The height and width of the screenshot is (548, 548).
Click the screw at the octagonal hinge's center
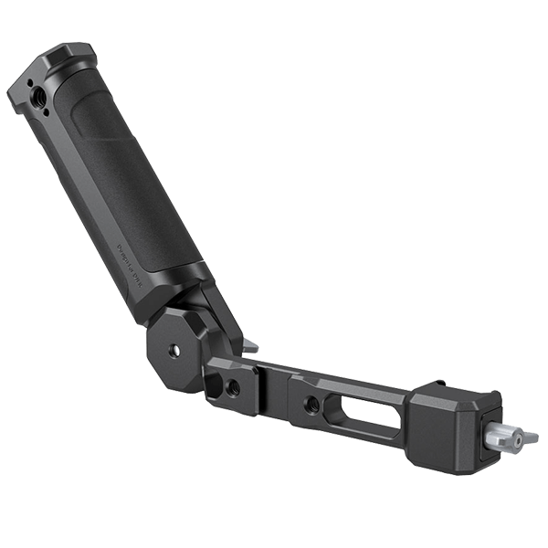point(174,348)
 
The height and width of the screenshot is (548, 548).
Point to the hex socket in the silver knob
point(518,441)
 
